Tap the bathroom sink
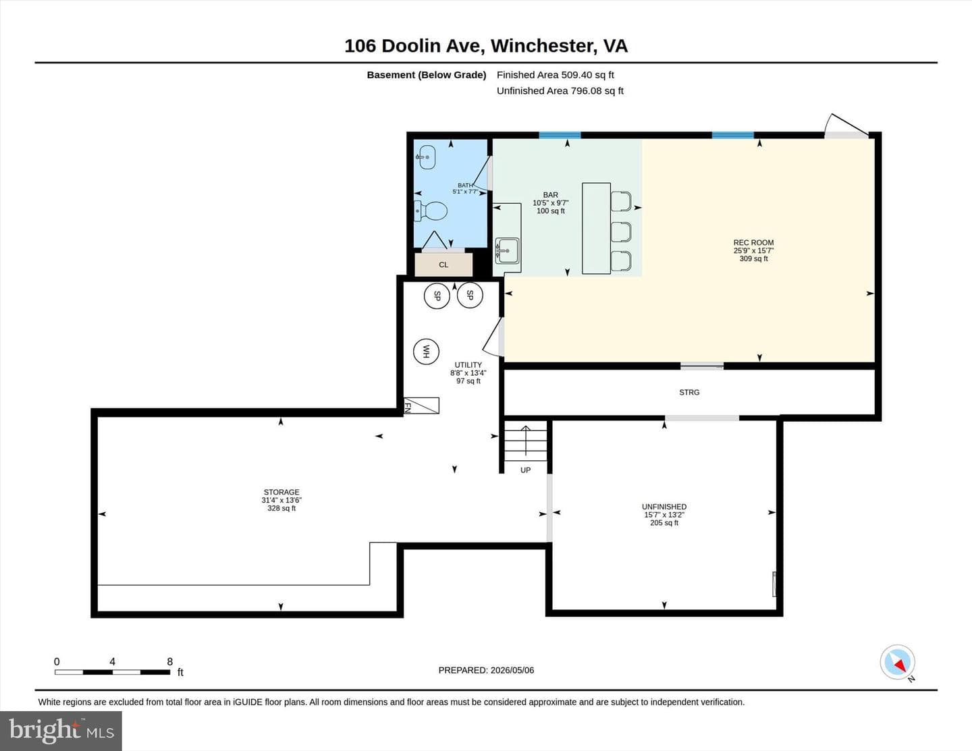click(426, 157)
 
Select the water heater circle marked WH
click(426, 352)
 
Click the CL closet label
click(443, 265)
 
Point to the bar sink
click(507, 251)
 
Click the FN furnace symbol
click(421, 406)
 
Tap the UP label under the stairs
click(526, 470)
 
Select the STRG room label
click(689, 392)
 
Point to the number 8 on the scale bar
click(169, 661)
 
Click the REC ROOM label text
click(754, 242)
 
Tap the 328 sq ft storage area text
click(281, 508)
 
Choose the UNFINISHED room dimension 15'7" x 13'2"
click(664, 515)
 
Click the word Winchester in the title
click(544, 46)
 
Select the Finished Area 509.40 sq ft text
click(556, 75)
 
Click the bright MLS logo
click(61, 731)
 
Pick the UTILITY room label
click(468, 365)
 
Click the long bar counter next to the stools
click(596, 228)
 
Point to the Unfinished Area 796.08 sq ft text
click(560, 90)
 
